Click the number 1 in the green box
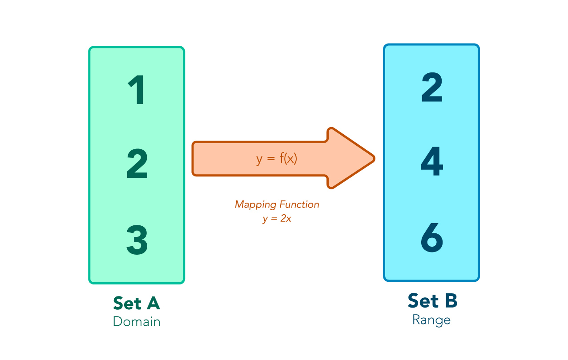point(137,90)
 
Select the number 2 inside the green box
point(137,164)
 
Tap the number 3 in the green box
point(137,240)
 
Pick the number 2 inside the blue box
point(432,87)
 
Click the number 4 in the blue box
point(432,161)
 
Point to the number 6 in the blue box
point(432,238)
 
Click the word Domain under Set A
point(137,321)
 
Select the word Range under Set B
point(431,320)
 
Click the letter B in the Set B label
point(451,301)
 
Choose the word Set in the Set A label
point(127,303)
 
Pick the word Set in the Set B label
point(423,301)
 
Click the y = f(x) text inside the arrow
point(276,159)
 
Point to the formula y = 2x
point(277,218)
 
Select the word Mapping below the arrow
point(255,205)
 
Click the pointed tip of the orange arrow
point(375,159)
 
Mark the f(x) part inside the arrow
point(288,159)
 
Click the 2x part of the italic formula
point(286,218)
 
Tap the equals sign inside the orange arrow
point(271,159)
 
